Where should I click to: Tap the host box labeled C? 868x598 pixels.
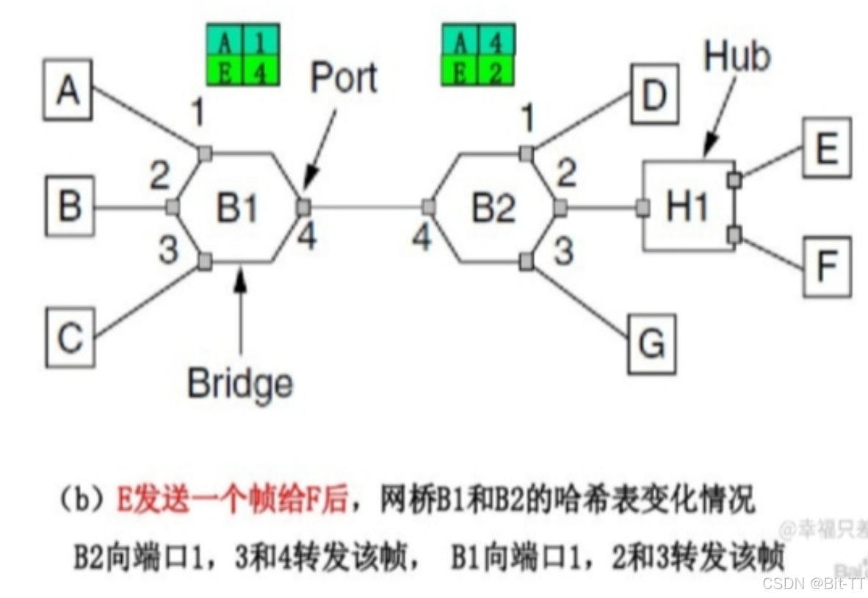pos(70,338)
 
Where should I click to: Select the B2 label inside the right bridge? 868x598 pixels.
pos(493,209)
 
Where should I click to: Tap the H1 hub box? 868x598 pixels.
pos(688,207)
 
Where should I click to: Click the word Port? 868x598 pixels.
pos(344,78)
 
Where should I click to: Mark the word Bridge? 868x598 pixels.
pos(239,383)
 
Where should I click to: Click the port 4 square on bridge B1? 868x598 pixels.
pos(303,208)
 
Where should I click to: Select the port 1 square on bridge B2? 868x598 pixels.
pos(526,153)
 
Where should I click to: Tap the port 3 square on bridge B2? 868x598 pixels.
pos(526,261)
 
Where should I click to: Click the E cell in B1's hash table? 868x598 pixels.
pos(226,73)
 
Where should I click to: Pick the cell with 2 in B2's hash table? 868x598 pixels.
pos(496,73)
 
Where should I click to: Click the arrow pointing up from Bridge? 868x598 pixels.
pos(240,308)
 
